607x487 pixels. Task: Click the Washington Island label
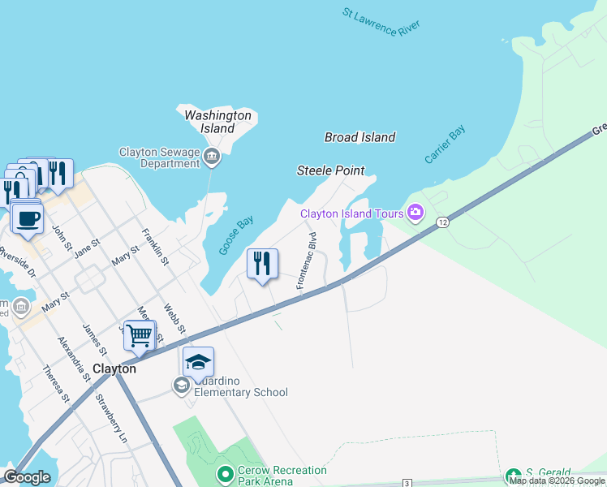[x=217, y=122]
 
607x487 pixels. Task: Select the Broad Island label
[x=359, y=137]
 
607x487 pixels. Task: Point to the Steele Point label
[x=330, y=170]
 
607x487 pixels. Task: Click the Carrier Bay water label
[x=445, y=145]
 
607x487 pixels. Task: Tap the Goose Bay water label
[x=236, y=235]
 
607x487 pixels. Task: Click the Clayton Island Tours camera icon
[x=415, y=213]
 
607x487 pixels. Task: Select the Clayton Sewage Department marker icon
[x=212, y=157]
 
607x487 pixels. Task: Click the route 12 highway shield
[x=442, y=222]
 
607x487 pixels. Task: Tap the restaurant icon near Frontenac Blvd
[x=262, y=264]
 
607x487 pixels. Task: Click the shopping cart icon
[x=139, y=334]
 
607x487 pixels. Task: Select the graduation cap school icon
[x=198, y=362]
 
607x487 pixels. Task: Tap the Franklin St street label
[x=155, y=247]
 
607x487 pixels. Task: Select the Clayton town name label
[x=114, y=368]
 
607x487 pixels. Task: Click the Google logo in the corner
[x=27, y=477]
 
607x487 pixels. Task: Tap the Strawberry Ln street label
[x=111, y=418]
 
